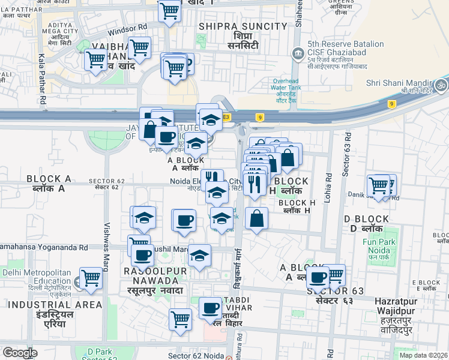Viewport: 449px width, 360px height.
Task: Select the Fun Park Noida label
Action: pyautogui.click(x=396, y=246)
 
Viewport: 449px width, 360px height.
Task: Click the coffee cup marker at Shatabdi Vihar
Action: pyautogui.click(x=210, y=308)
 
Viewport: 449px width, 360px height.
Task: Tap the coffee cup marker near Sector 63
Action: pyautogui.click(x=318, y=277)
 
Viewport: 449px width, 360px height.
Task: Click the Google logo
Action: pyautogui.click(x=20, y=353)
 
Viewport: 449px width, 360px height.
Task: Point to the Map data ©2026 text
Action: pyautogui.click(x=423, y=355)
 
